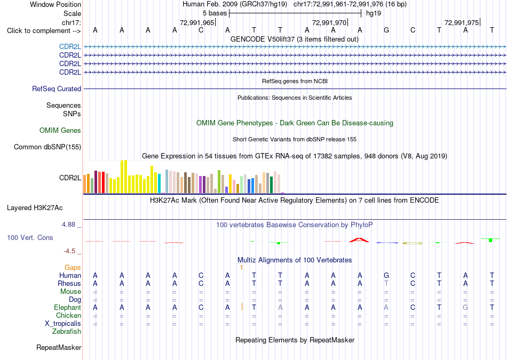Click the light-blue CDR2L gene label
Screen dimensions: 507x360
click(x=70, y=47)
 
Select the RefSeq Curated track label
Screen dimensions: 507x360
click(x=57, y=89)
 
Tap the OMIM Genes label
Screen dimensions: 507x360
click(x=60, y=131)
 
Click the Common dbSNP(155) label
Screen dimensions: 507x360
click(x=47, y=147)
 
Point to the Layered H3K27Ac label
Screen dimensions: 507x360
click(x=35, y=208)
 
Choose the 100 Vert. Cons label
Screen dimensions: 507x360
click(x=30, y=238)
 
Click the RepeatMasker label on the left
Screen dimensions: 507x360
click(x=59, y=348)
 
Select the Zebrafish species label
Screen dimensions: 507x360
click(x=67, y=332)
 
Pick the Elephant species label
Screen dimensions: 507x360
click(x=68, y=308)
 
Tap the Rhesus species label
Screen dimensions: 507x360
click(x=69, y=283)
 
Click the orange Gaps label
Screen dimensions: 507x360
click(x=73, y=268)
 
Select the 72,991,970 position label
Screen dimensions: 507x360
click(x=329, y=22)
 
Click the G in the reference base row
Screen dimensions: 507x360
click(x=386, y=30)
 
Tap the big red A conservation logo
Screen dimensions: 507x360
click(x=359, y=240)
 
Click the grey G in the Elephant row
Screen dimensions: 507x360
click(x=465, y=308)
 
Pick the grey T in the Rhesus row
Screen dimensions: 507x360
click(x=386, y=283)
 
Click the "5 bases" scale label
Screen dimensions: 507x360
click(x=215, y=13)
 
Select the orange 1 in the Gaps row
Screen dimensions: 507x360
click(x=241, y=268)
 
